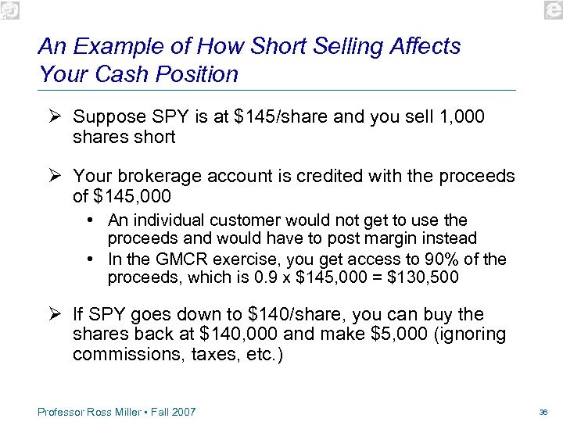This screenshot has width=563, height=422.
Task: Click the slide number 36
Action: (543, 412)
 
